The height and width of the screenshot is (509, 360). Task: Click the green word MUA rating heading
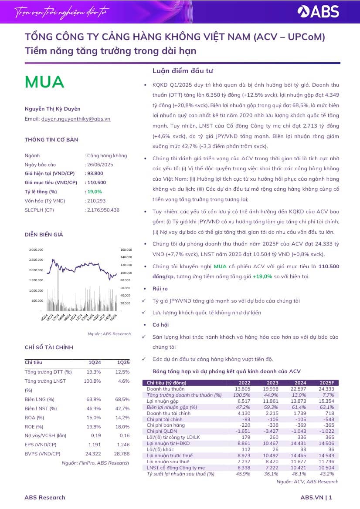click(44, 82)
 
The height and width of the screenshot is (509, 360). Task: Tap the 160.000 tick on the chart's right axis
click(126, 250)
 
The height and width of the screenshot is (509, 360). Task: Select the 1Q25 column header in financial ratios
click(123, 362)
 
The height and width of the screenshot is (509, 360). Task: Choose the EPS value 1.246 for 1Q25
click(123, 445)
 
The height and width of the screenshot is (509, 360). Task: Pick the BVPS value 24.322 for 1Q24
click(93, 454)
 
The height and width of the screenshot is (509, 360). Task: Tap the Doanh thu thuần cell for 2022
click(242, 389)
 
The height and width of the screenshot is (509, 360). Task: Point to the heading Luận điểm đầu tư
click(183, 71)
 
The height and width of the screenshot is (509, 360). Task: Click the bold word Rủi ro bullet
click(160, 289)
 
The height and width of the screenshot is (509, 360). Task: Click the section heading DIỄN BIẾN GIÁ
click(44, 235)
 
